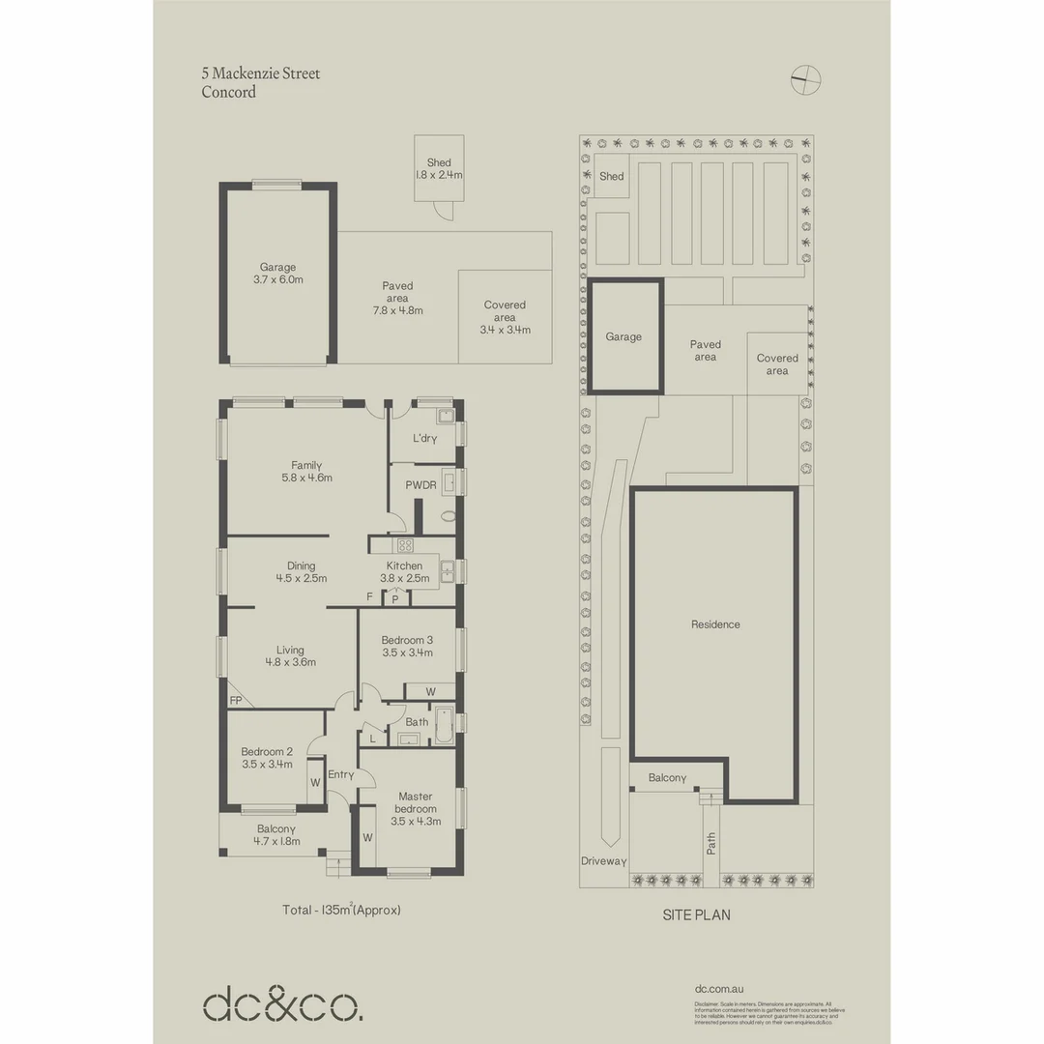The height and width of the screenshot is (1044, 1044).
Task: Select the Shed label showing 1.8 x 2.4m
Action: point(439,169)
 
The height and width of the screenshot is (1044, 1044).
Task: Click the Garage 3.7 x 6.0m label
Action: point(277,274)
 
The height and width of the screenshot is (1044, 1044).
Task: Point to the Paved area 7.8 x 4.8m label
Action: point(397,298)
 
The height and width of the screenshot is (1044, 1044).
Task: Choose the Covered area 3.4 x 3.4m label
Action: point(504,317)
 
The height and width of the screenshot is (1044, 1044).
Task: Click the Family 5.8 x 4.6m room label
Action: point(306,471)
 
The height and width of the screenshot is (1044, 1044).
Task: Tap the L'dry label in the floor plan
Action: point(424,439)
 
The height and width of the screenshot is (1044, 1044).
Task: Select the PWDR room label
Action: point(420,485)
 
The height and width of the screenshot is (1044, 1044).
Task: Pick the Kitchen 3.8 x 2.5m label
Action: point(404,572)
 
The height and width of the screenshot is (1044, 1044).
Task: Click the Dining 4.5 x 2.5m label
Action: point(301,572)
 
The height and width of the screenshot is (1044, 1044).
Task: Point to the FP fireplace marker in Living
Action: point(235,700)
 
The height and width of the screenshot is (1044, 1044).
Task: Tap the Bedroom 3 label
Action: point(407,646)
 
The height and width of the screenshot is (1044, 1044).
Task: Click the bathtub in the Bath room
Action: point(444,728)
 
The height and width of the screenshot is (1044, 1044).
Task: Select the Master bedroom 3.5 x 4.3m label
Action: point(416,809)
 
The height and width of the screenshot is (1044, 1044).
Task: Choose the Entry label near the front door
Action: point(340,775)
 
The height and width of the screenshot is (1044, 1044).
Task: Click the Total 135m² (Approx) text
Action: point(340,910)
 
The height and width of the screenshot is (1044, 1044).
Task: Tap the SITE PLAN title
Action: point(696,914)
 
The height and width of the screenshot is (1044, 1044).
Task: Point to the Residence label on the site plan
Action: point(715,624)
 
